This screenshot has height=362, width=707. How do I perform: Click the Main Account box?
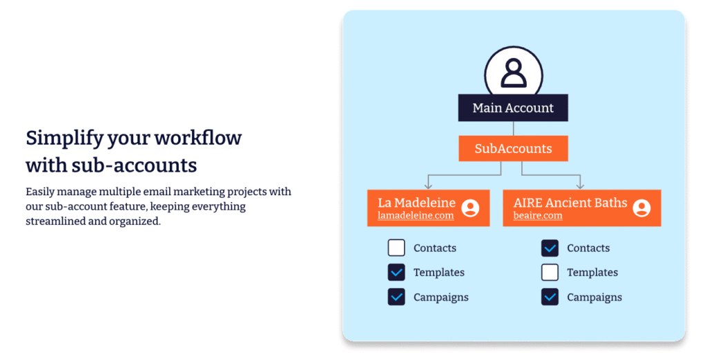pos(513,108)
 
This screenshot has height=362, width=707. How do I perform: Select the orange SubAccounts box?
pos(513,148)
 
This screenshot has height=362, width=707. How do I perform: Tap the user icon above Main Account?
pos(514,72)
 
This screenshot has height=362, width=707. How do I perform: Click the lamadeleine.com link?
pos(416,215)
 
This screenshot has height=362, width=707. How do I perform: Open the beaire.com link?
pos(538,215)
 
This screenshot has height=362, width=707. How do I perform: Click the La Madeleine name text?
pos(416,203)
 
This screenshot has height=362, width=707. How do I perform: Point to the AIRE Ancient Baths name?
pos(570,203)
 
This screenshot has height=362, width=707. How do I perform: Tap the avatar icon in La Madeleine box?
pos(470,208)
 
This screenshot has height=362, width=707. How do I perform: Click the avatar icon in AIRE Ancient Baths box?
pos(641,208)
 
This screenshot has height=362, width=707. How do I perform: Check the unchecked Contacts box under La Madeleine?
pos(396,248)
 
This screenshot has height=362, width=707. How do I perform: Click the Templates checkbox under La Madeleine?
pos(396,272)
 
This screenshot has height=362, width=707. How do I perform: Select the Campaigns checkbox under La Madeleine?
pos(396,297)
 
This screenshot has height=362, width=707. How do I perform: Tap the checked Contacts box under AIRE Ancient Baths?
pos(550,248)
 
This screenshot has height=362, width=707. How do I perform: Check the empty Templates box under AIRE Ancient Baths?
pos(550,272)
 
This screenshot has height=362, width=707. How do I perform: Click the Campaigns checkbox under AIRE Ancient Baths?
pos(550,297)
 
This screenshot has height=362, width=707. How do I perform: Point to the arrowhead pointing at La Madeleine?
pos(428,186)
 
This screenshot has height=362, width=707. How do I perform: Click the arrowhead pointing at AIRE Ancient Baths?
pos(580,186)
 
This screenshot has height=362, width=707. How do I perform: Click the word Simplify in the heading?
pos(64,138)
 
